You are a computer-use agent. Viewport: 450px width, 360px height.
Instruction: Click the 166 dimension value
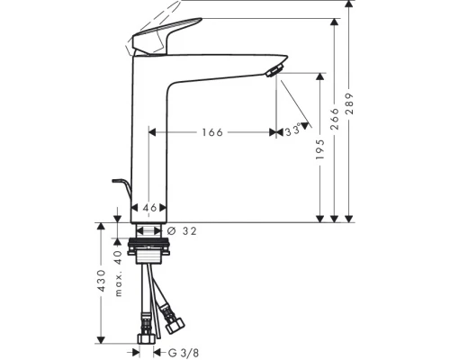point(211,132)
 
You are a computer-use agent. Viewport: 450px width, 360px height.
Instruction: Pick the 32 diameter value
point(188,230)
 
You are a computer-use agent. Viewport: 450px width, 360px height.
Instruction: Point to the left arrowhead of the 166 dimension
point(152,132)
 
